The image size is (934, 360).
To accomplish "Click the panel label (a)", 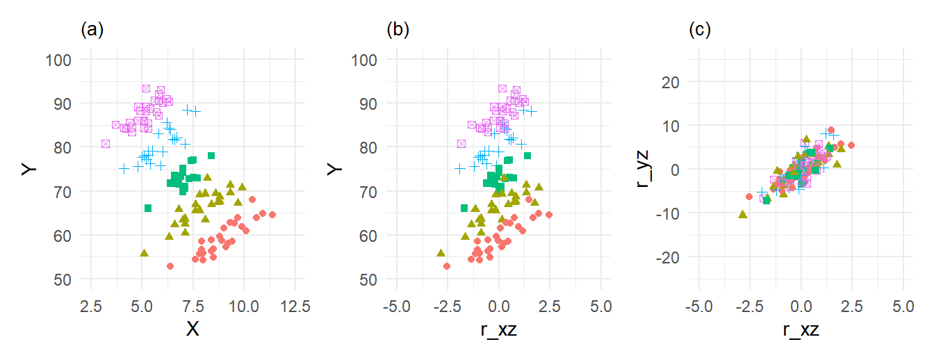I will (x=92, y=30).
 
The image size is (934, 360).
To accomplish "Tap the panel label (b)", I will (x=398, y=30).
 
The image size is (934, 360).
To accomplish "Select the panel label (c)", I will (x=699, y=30).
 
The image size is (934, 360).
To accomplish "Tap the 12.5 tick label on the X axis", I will (x=295, y=305).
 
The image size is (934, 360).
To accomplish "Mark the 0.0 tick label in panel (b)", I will (x=498, y=305).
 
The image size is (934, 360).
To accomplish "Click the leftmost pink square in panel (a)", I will (x=106, y=144).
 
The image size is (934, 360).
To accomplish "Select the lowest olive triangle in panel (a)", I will (x=144, y=253).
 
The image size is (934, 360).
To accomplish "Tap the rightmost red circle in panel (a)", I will (x=272, y=215).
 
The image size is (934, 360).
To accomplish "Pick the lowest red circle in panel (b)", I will (x=447, y=266).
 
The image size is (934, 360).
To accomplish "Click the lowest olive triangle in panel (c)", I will (x=743, y=214).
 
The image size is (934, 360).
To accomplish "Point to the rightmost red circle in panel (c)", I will (x=851, y=145).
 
